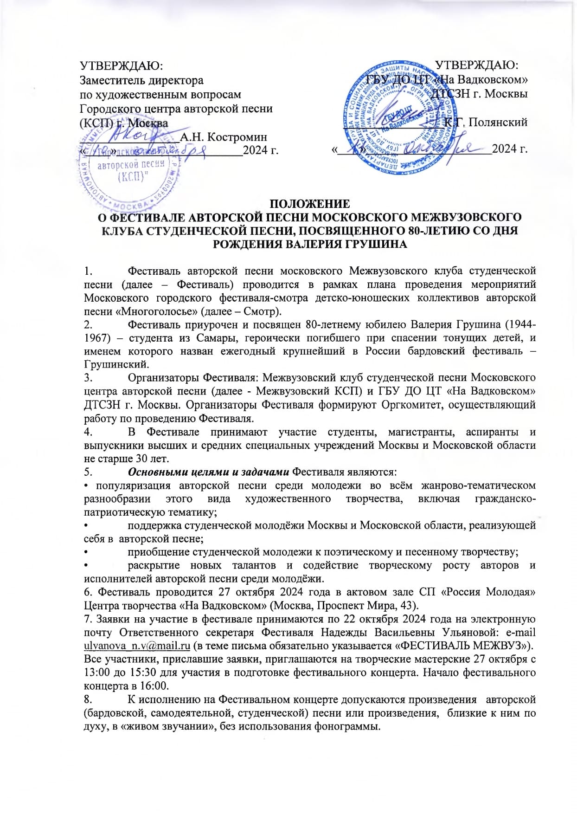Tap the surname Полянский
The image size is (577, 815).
498,123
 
